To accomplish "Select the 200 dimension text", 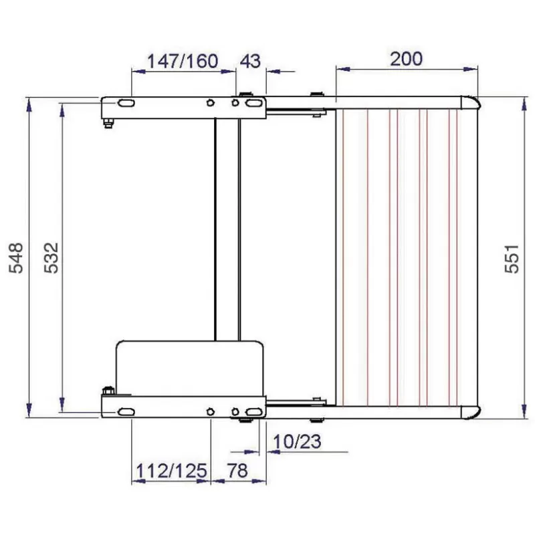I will click(x=406, y=59).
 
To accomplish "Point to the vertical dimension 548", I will click(x=17, y=257).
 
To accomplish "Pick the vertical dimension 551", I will click(x=511, y=257).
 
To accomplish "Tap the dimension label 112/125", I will click(x=169, y=470).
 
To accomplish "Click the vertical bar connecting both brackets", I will click(x=227, y=227).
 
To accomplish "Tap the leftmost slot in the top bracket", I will click(x=124, y=104).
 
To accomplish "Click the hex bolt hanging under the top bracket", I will click(x=107, y=122).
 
